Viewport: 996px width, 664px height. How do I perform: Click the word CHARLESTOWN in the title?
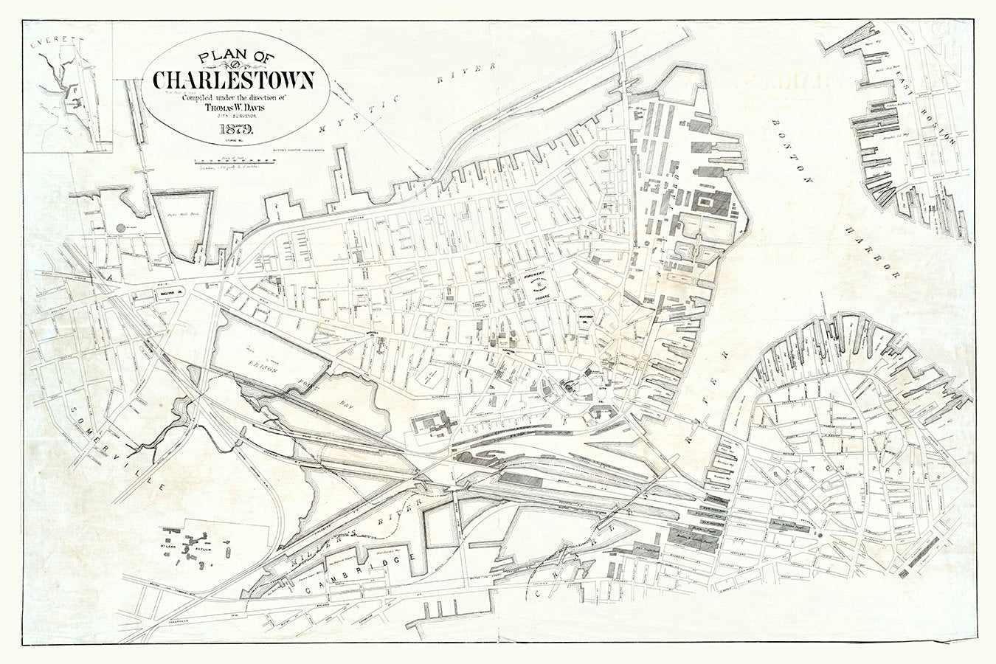point(234,79)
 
